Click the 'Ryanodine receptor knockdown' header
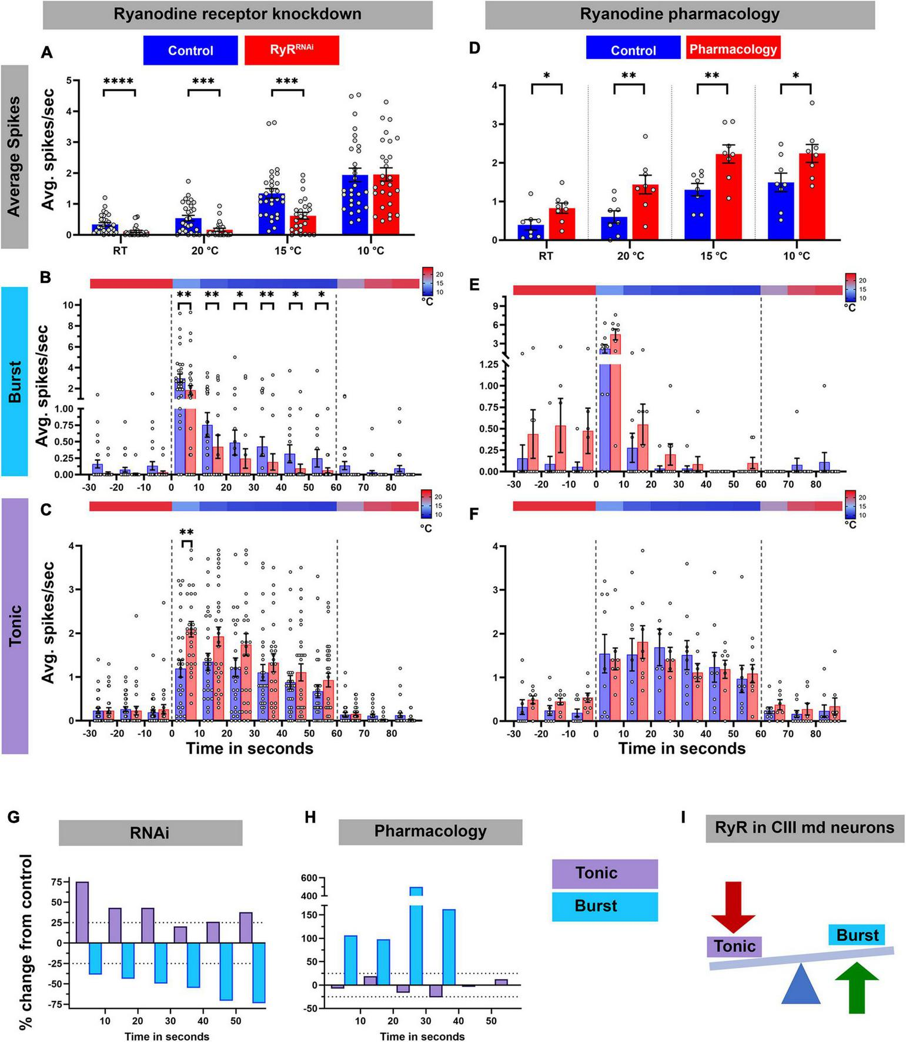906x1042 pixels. click(238, 14)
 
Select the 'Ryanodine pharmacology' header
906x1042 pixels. click(680, 14)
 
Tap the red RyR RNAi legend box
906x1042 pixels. click(292, 50)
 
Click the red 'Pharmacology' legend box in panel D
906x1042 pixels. click(733, 49)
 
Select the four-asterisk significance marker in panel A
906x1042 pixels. click(119, 82)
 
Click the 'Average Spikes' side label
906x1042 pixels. click(14, 156)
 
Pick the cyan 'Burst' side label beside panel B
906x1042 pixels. click(14, 381)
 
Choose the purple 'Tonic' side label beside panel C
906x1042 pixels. click(15, 626)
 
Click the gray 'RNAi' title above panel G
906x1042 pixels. click(151, 833)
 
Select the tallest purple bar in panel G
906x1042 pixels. click(82, 912)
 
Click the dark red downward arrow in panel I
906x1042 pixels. click(733, 906)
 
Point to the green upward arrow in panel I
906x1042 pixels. click(857, 987)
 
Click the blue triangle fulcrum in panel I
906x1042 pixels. click(800, 984)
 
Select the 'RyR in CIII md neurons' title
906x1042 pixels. click(804, 828)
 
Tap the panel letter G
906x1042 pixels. click(14, 817)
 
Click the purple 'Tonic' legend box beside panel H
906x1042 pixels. click(604, 873)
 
